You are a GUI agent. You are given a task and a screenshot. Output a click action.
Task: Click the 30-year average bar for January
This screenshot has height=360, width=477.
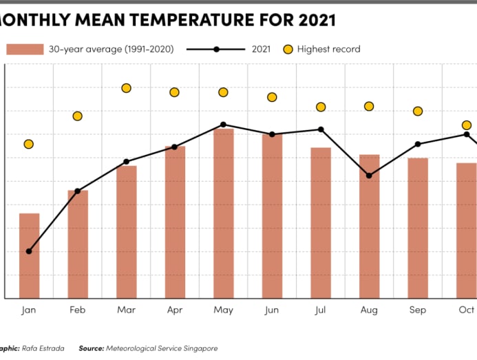coord(29,255)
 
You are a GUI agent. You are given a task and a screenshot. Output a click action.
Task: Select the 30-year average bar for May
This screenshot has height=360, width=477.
coord(223,213)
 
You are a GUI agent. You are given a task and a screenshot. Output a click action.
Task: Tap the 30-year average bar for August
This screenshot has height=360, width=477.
coord(369,226)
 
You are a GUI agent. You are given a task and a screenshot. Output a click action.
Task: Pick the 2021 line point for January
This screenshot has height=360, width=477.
coord(29,251)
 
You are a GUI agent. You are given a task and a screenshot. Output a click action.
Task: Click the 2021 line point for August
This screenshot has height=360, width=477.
coord(369,176)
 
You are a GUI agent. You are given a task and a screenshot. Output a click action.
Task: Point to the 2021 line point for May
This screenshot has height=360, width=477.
coord(223,125)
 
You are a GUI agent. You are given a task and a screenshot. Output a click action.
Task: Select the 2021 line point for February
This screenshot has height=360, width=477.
coord(78,191)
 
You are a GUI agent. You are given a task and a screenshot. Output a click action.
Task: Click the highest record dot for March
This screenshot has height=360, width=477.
coord(126,88)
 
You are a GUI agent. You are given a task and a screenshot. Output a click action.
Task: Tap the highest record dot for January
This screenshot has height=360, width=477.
coord(29,144)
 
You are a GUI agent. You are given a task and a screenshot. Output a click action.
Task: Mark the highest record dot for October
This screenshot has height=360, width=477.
coord(466,125)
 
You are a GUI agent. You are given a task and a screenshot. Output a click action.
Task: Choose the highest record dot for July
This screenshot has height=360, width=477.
coord(321,107)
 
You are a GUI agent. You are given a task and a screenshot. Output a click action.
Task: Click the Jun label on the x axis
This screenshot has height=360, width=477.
coord(272,310)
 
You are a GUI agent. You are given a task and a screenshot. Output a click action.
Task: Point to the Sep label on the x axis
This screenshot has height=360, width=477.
coord(418,310)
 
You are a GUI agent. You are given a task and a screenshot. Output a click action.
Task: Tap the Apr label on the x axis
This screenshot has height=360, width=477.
coord(175,310)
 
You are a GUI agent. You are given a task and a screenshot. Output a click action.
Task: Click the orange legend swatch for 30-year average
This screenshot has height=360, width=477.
coord(24,50)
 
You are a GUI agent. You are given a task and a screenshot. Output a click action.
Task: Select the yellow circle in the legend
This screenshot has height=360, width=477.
coord(287,50)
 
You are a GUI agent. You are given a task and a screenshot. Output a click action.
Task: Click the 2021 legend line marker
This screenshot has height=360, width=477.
coord(217,50)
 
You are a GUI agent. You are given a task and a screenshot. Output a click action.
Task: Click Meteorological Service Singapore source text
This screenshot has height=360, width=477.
coord(161,348)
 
